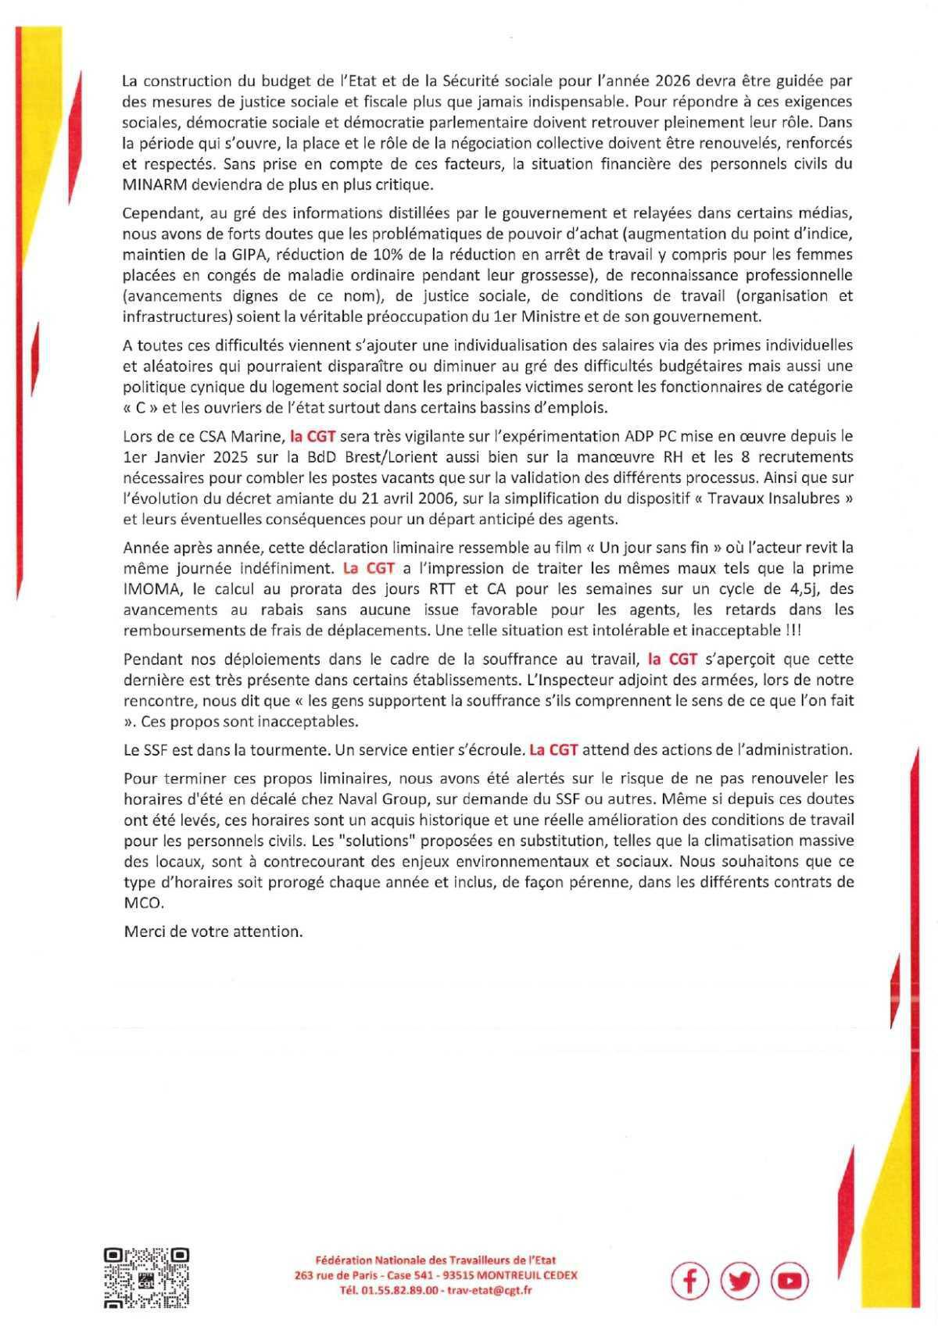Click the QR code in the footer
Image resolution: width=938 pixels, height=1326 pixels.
(x=146, y=1278)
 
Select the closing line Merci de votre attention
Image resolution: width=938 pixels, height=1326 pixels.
(x=213, y=931)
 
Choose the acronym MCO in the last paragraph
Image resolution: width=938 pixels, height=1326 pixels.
(x=141, y=902)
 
